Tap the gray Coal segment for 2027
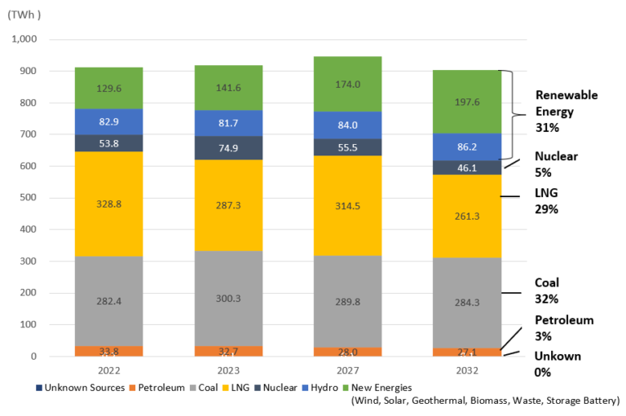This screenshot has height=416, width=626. click(347, 301)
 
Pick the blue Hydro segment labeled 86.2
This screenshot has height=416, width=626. click(467, 147)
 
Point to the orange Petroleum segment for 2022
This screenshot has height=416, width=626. click(108, 351)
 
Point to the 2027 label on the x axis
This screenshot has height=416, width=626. click(347, 370)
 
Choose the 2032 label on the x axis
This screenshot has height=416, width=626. click(467, 370)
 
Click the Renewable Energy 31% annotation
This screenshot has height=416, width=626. click(566, 111)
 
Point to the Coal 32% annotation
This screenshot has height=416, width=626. click(548, 290)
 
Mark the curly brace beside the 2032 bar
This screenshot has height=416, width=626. click(511, 115)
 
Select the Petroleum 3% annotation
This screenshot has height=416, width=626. click(563, 327)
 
